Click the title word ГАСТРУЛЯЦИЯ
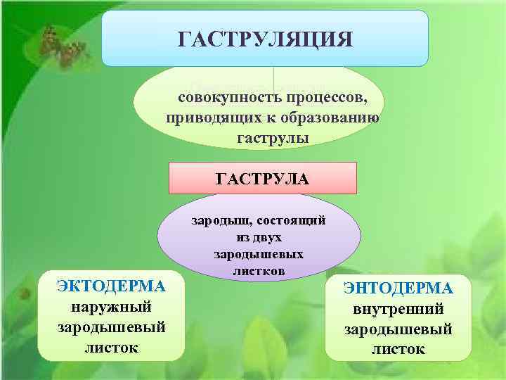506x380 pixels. (265, 38)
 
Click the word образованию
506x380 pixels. (331, 117)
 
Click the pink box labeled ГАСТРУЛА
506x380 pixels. (263, 178)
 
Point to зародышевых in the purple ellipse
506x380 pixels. (258, 254)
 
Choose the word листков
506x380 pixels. (258, 270)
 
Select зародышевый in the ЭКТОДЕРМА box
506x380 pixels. (111, 327)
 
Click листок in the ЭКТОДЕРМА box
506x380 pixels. (111, 348)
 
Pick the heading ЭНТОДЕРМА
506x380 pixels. (398, 289)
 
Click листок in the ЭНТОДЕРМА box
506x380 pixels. (398, 350)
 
